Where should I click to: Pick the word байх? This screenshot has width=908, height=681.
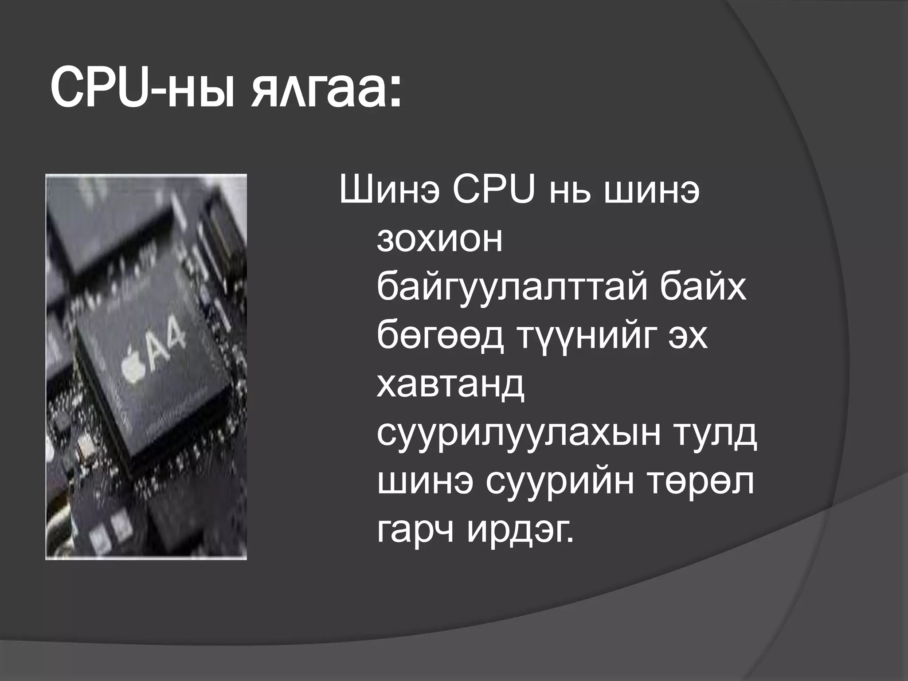[x=703, y=288]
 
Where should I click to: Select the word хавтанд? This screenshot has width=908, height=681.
[x=451, y=386]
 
